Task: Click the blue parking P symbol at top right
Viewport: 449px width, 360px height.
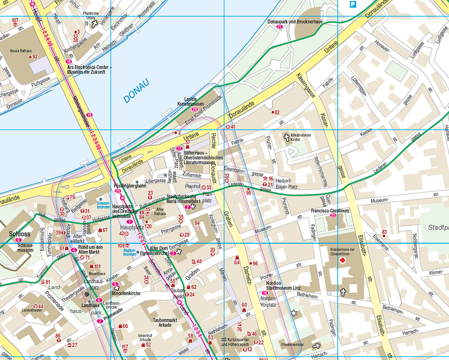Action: click(x=353, y=4)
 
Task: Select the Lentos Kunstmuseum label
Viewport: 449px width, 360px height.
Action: click(x=190, y=102)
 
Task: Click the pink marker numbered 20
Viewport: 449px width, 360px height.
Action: click(x=195, y=109)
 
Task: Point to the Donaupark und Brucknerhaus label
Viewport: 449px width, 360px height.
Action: click(x=295, y=22)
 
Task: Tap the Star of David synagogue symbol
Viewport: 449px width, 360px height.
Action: click(x=294, y=313)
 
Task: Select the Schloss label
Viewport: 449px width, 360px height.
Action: click(x=19, y=234)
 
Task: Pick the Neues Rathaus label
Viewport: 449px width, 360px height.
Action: click(x=21, y=51)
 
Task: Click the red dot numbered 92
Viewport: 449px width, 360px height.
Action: click(x=31, y=57)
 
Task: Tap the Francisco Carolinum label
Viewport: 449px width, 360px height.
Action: click(x=330, y=211)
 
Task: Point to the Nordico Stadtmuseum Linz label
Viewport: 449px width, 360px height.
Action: click(x=283, y=285)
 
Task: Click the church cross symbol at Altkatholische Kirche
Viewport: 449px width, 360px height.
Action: click(x=287, y=137)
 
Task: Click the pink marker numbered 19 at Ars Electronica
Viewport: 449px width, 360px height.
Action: click(x=69, y=62)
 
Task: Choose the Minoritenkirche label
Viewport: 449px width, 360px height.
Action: click(x=126, y=293)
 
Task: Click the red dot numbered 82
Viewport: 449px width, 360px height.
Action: click(x=273, y=112)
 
